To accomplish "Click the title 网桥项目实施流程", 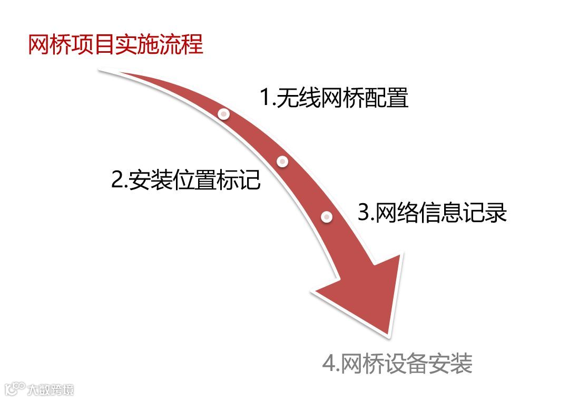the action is coord(115,44).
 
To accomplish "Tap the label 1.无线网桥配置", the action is coord(335,98).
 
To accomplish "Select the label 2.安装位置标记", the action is coord(186,180).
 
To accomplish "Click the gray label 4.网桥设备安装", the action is coord(398,364).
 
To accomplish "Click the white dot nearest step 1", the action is coord(224,113).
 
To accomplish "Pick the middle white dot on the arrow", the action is coord(283,161).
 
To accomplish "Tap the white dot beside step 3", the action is coord(327,216).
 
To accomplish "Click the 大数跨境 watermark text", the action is coord(51,390).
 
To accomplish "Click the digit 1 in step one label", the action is coord(266,99).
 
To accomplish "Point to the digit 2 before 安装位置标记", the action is coord(117,180).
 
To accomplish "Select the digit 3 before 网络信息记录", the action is coord(364,213).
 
